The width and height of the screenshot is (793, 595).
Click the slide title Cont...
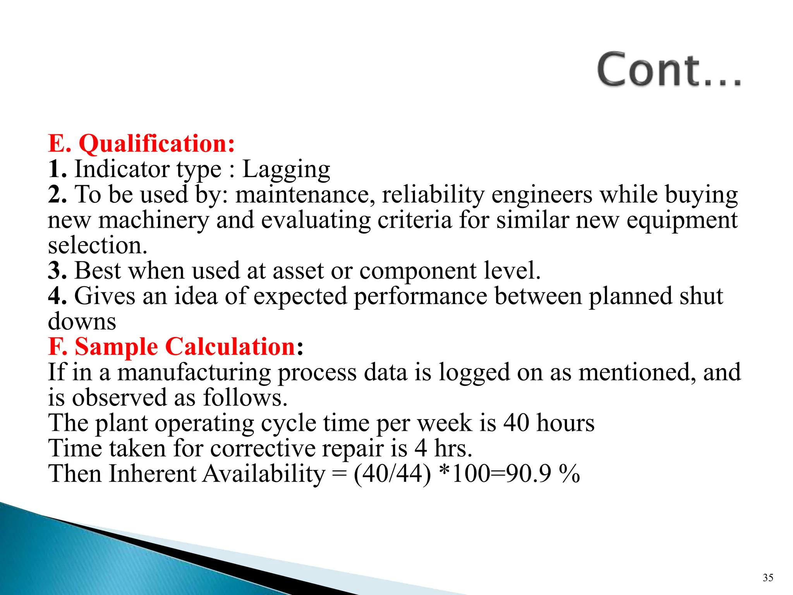click(669, 70)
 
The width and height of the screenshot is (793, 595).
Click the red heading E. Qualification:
click(141, 144)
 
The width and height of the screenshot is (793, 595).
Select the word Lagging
click(286, 170)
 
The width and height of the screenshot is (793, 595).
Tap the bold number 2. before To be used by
click(57, 194)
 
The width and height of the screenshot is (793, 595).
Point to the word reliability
click(433, 194)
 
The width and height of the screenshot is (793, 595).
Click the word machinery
click(154, 220)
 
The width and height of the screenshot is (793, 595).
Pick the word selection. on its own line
click(98, 246)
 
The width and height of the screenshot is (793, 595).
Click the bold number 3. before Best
click(57, 270)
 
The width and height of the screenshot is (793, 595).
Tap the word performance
click(421, 296)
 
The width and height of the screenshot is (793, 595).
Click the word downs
click(82, 322)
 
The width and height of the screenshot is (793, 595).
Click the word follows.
click(245, 397)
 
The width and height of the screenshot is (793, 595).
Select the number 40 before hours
click(516, 423)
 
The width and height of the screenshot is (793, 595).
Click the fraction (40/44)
click(392, 474)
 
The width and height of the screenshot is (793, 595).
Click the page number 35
click(768, 578)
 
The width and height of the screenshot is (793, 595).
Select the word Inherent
click(153, 474)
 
